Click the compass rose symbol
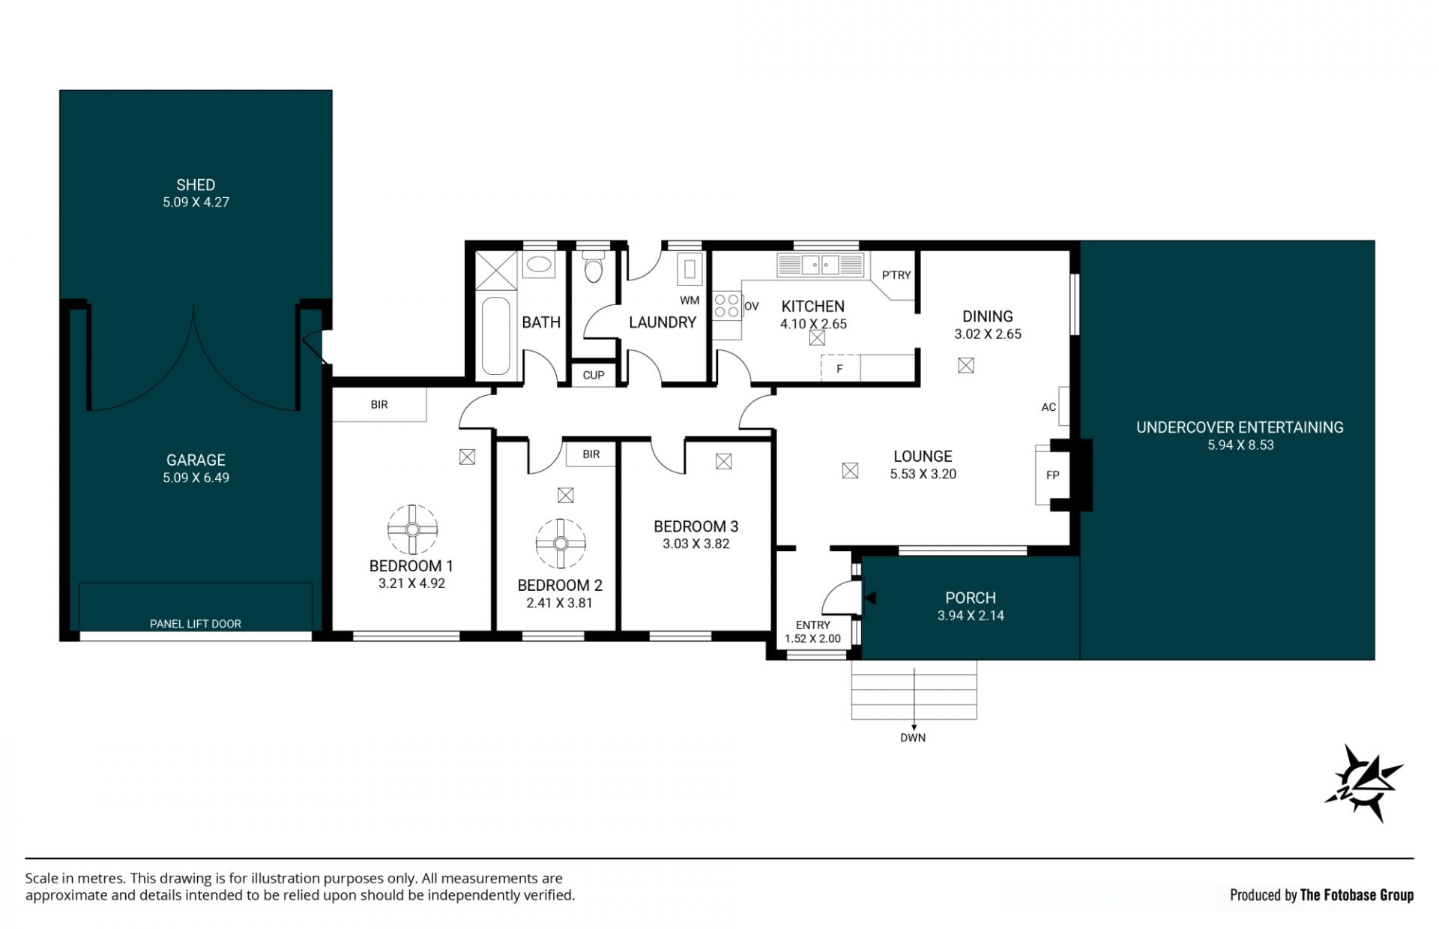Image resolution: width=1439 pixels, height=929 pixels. (1363, 783)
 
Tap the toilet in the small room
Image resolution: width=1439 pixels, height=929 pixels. (594, 267)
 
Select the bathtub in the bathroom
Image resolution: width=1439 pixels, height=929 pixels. (495, 336)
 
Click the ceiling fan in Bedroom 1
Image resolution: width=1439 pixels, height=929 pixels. (412, 529)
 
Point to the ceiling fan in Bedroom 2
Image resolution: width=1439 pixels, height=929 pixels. (561, 544)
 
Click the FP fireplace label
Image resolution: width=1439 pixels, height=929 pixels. (1052, 475)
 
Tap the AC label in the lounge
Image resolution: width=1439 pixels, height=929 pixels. (1049, 407)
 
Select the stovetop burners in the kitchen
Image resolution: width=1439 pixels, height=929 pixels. (726, 306)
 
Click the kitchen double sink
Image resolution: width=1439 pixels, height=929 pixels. (820, 265)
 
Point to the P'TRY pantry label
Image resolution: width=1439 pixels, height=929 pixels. (896, 275)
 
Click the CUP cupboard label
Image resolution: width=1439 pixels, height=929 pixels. (594, 375)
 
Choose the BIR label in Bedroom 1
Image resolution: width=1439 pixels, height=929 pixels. (379, 405)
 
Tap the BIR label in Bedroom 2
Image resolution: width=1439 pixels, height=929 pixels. (591, 454)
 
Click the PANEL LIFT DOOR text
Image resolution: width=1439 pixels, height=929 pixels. (196, 624)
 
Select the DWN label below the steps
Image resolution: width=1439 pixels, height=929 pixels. (913, 738)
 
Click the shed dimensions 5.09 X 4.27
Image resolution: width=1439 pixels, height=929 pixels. (196, 202)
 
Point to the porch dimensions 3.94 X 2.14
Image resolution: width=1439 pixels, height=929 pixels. (971, 616)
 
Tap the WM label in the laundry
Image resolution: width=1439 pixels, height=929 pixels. (690, 301)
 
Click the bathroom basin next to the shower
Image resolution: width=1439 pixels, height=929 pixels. (537, 265)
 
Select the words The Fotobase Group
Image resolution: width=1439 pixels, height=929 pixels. (1357, 895)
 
